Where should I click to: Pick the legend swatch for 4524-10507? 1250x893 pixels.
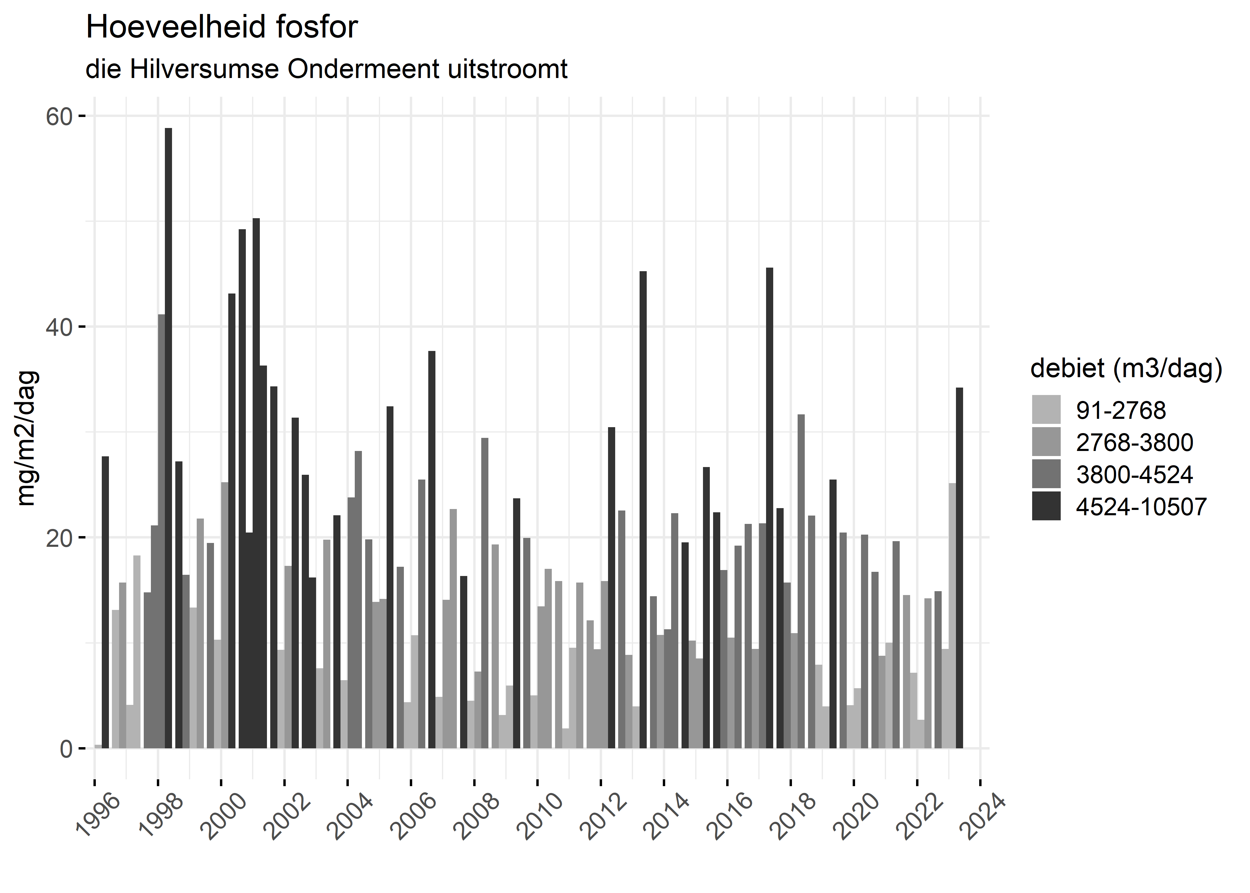click(x=1046, y=506)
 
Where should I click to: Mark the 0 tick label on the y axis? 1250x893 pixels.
click(x=66, y=748)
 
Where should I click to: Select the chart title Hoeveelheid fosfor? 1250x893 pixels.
click(x=221, y=27)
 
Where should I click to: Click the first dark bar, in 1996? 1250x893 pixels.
click(x=105, y=602)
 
